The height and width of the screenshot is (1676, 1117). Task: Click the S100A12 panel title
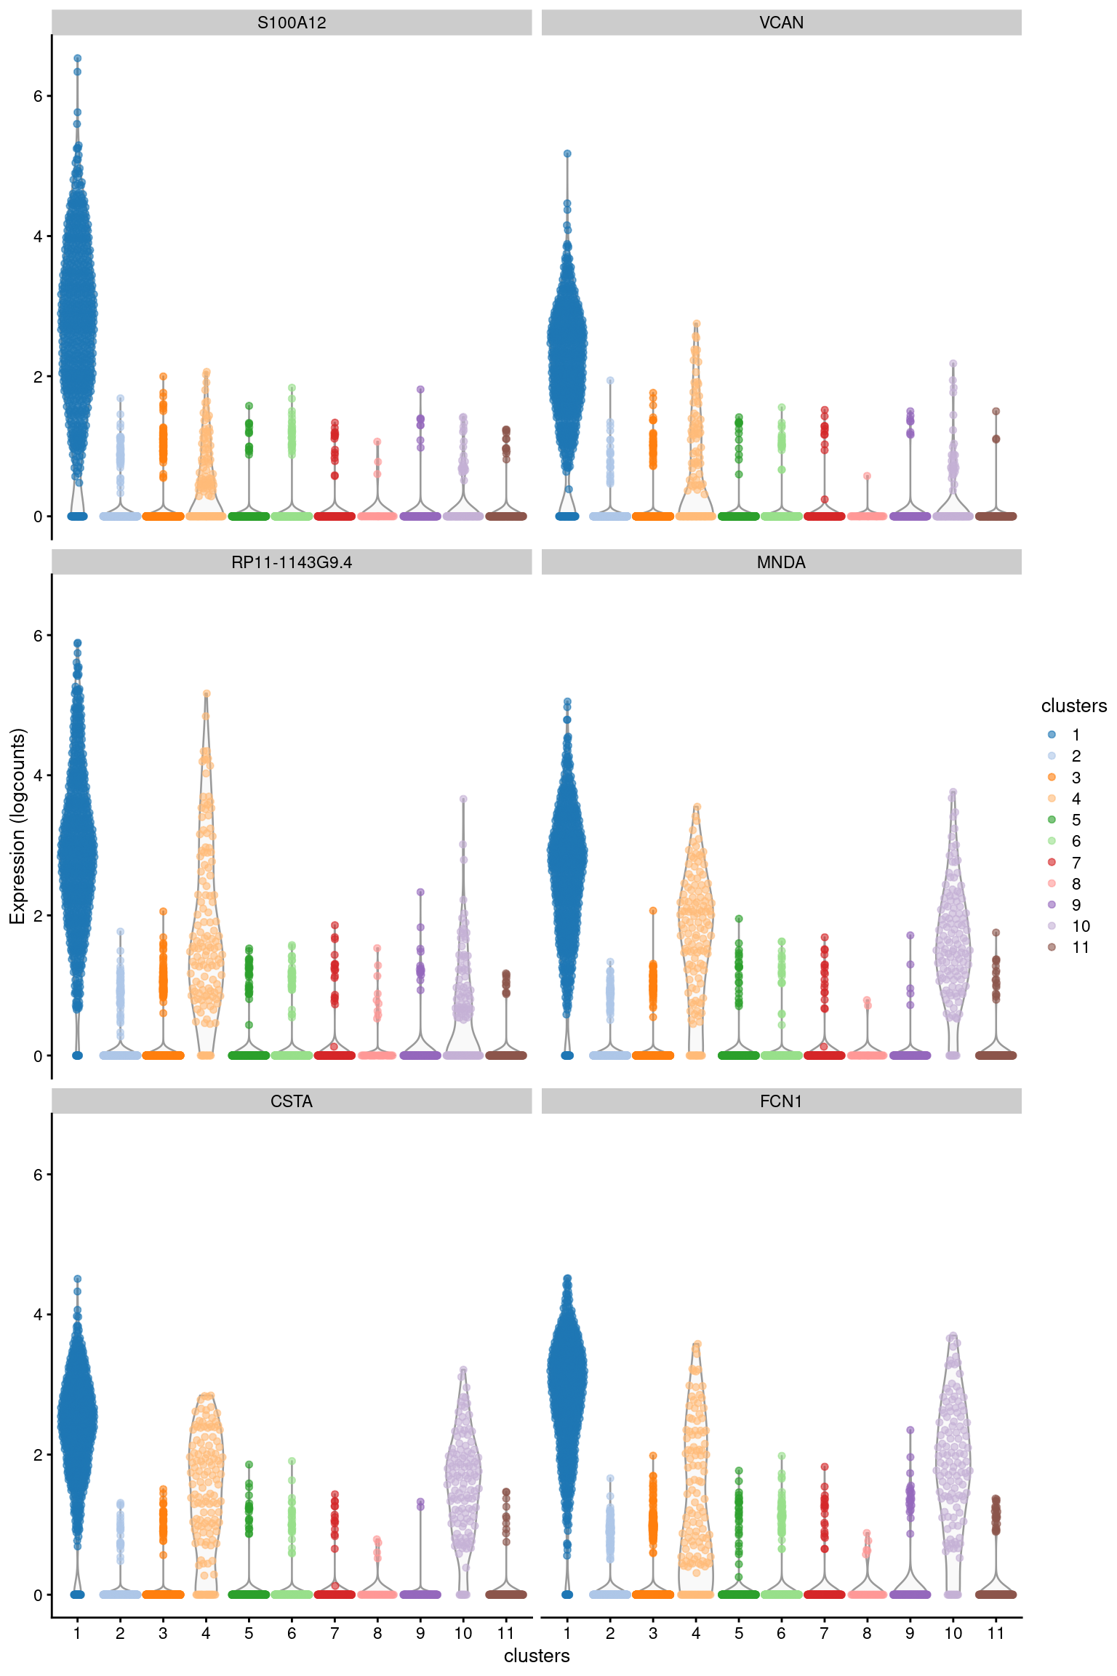[x=292, y=23]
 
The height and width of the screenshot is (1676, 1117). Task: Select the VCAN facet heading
[x=781, y=23]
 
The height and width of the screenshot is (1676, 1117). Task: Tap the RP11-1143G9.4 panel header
[x=292, y=562]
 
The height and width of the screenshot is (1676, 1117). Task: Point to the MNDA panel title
[x=781, y=562]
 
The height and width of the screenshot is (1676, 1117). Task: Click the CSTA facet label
[x=292, y=1101]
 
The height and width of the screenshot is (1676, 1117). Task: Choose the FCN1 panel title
[x=781, y=1101]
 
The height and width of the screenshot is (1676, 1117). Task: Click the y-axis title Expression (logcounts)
[x=17, y=826]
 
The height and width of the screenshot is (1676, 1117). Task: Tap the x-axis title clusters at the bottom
[x=537, y=1656]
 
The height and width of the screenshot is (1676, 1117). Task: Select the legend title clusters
[x=1073, y=706]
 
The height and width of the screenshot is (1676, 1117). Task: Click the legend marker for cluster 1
[x=1052, y=735]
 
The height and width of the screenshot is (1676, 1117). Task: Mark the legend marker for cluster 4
[x=1052, y=799]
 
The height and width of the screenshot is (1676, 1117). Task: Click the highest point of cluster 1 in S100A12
[x=77, y=58]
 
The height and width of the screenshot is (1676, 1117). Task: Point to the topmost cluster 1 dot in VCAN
[x=567, y=153]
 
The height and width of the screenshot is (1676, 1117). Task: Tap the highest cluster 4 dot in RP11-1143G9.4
[x=207, y=694]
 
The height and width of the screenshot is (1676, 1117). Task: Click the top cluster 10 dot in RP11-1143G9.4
[x=463, y=799]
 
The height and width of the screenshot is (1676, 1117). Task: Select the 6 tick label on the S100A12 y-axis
[x=38, y=96]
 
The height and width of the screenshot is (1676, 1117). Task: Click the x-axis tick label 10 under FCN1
[x=953, y=1633]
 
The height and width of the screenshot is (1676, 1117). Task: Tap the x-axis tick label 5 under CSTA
[x=249, y=1633]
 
